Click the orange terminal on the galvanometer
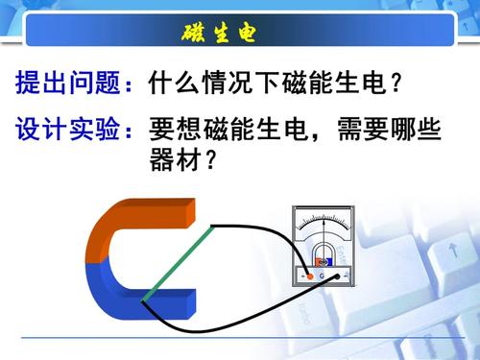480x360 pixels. (x=309, y=276)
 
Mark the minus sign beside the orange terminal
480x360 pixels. (x=300, y=276)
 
